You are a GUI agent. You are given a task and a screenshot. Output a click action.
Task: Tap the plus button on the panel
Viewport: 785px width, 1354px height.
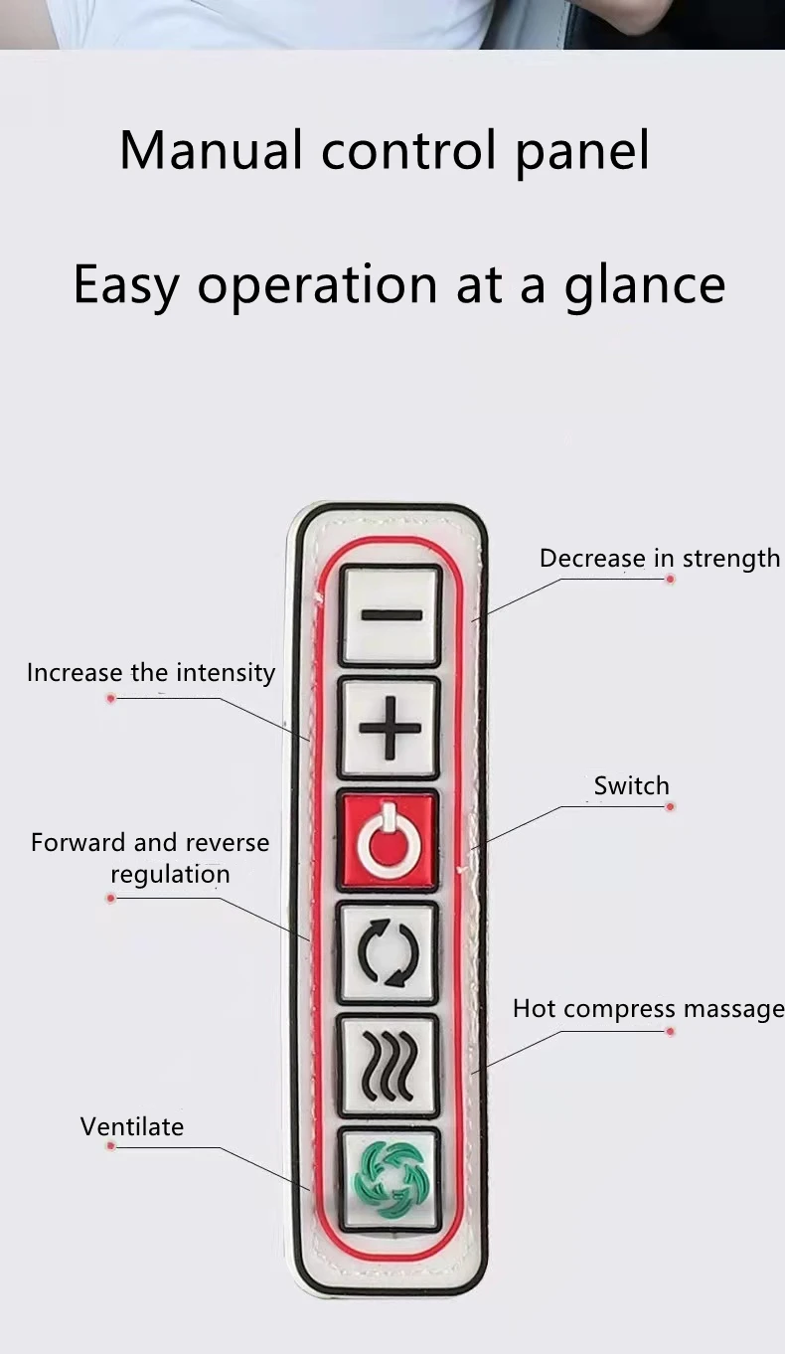click(x=390, y=728)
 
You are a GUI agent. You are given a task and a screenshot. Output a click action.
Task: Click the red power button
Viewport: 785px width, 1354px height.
click(x=389, y=841)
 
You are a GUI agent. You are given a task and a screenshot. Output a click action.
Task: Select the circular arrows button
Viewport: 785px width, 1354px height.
click(x=388, y=953)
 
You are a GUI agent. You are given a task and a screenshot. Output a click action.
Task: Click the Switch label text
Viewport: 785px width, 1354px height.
click(x=631, y=786)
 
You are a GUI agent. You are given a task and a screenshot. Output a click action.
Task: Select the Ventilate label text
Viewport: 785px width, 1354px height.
click(x=132, y=1127)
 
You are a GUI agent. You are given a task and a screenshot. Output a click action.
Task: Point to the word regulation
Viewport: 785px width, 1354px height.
click(x=170, y=875)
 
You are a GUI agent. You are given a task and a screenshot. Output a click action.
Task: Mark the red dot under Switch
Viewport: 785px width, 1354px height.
click(x=670, y=806)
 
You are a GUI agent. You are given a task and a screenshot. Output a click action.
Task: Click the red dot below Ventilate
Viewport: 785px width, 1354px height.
click(x=111, y=1146)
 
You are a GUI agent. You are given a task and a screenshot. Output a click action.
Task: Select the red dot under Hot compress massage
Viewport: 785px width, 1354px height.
click(x=670, y=1032)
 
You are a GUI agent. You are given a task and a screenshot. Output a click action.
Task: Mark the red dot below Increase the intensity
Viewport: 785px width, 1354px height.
click(x=111, y=699)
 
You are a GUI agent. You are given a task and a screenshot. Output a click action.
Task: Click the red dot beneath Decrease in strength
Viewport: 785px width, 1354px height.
click(x=670, y=579)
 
